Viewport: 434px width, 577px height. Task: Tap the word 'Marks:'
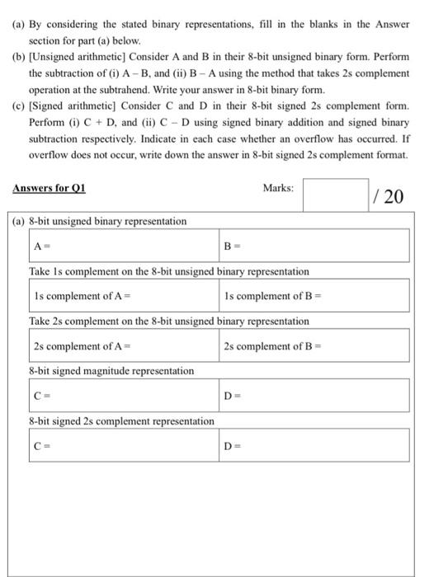click(277, 188)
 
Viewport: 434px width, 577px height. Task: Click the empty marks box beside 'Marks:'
click(335, 195)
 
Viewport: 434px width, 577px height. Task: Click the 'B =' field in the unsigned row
click(314, 246)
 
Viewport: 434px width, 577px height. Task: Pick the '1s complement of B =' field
click(314, 294)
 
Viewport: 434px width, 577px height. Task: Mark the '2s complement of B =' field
click(314, 345)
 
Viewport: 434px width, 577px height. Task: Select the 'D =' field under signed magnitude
click(314, 396)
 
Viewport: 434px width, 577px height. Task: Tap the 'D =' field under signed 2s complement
click(314, 446)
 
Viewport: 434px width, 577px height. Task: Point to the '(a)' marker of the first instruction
click(19, 25)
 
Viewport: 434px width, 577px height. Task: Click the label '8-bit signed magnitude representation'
click(111, 371)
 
